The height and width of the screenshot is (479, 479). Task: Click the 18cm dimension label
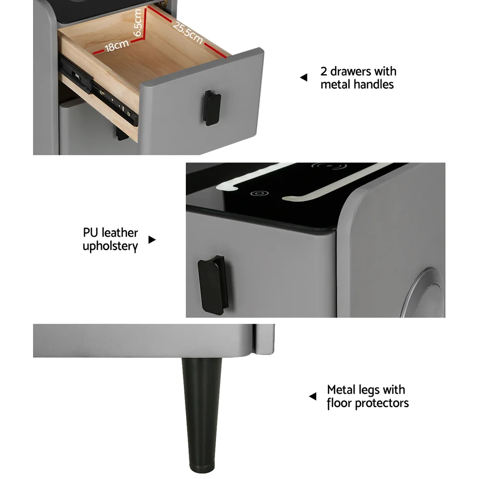tap(117, 46)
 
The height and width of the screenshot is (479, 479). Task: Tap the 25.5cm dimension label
tap(188, 33)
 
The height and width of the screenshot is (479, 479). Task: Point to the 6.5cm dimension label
tap(138, 23)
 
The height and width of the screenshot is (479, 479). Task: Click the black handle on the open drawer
tap(212, 108)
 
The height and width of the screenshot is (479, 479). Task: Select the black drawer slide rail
tap(98, 91)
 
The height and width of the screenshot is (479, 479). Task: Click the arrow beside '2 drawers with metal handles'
tap(304, 78)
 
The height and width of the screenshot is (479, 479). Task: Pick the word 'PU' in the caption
tap(90, 233)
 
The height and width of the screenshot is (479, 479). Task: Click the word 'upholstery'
tap(110, 246)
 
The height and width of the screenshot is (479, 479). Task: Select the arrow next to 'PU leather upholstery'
tap(152, 240)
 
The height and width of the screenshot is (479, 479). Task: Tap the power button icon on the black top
tap(259, 194)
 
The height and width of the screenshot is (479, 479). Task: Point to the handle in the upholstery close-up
tap(213, 285)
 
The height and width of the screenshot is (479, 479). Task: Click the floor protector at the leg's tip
tap(202, 469)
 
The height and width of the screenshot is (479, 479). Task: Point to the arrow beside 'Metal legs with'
tap(312, 397)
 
